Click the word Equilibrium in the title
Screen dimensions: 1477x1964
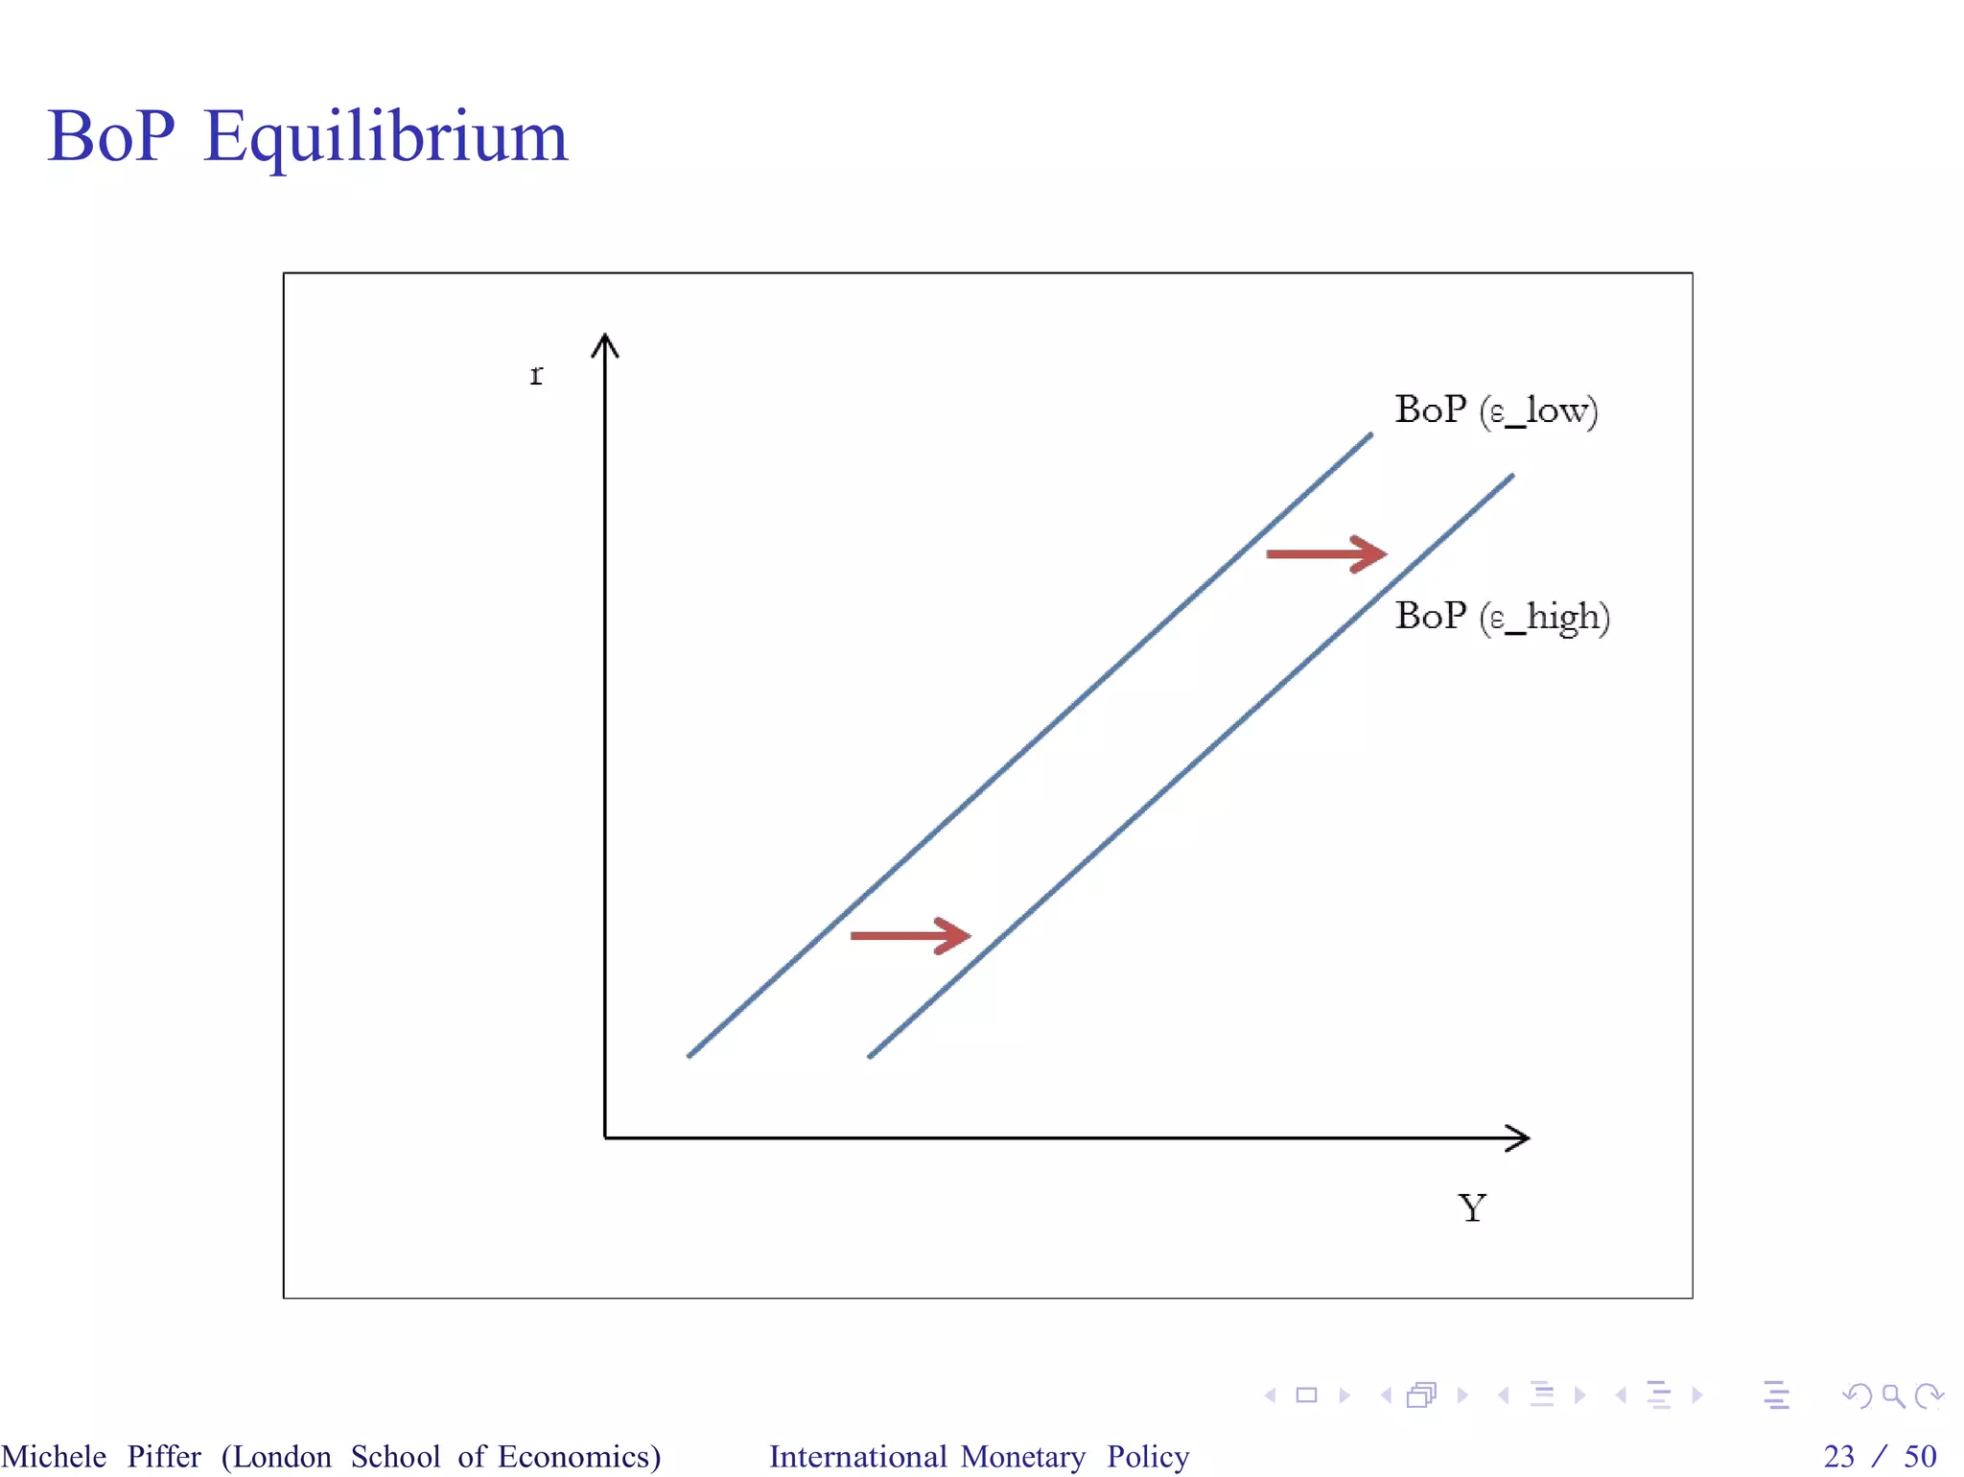[386, 137]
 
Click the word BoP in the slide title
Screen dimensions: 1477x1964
[110, 135]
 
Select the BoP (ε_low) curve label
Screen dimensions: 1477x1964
[1496, 410]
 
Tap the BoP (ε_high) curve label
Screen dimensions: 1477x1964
[1502, 616]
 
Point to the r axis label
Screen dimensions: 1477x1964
[536, 374]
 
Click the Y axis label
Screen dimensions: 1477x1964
[1472, 1207]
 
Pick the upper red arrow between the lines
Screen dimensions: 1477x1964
[1326, 553]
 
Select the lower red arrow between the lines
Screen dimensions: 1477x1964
[910, 935]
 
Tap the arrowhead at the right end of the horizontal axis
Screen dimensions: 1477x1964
[1518, 1138]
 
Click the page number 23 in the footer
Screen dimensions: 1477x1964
[1838, 1456]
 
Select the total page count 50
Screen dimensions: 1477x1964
[1920, 1456]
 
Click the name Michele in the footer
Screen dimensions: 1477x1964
[54, 1456]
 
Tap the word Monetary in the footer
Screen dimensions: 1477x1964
[1023, 1456]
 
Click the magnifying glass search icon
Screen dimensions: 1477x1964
[1893, 1395]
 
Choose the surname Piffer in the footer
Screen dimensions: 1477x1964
[164, 1456]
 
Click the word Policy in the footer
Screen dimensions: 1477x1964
[1148, 1456]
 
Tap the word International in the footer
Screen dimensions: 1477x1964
[857, 1456]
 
